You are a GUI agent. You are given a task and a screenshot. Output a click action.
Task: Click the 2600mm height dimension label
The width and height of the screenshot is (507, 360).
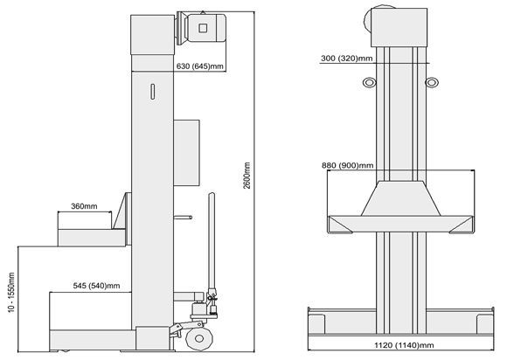247,176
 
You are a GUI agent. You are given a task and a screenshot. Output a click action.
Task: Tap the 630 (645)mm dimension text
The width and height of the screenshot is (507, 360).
200,66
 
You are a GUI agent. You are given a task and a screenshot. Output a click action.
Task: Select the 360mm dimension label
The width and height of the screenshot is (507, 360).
84,206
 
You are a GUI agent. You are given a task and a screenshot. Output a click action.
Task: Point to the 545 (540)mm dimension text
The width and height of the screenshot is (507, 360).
96,286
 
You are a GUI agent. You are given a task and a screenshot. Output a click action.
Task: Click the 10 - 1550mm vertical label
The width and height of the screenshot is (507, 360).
11,293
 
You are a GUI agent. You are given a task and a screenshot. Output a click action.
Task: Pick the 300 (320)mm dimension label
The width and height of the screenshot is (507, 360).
347,59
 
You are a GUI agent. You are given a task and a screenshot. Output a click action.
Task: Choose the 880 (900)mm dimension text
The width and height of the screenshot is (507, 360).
348,165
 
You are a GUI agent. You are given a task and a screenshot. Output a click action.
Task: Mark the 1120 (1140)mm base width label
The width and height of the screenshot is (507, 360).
404,345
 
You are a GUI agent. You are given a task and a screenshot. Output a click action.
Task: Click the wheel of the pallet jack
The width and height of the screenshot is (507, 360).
198,338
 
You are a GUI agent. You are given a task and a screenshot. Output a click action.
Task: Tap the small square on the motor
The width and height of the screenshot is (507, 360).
203,28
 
